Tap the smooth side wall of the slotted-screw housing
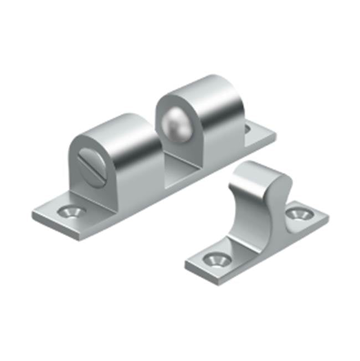pos(136,166)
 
